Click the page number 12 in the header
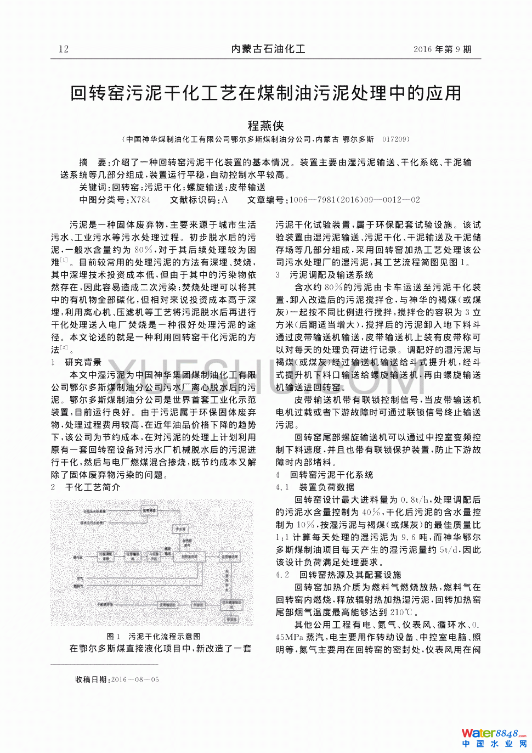point(64,49)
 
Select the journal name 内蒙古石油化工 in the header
point(268,49)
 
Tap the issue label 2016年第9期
point(442,49)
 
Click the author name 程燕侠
point(266,126)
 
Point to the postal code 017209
point(395,139)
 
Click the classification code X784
point(140,200)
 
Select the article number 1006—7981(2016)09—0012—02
point(354,200)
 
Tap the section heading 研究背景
point(83,362)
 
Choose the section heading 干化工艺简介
point(93,487)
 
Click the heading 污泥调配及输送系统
point(331,274)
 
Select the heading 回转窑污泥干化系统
point(331,475)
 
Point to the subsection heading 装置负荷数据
point(326,487)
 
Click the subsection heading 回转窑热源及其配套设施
point(350,575)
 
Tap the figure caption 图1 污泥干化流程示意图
point(154,636)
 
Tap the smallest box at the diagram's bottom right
point(232,619)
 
